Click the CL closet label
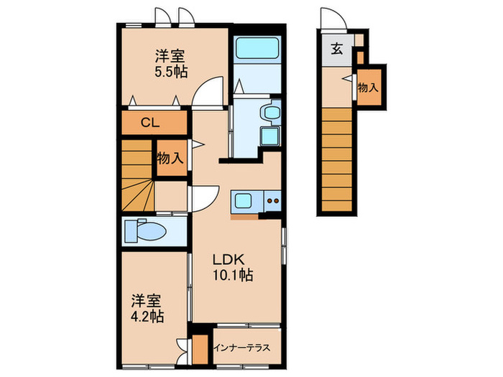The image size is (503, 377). click(149, 122)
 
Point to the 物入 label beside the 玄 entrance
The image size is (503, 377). click(368, 87)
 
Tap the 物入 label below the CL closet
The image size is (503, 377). click(170, 159)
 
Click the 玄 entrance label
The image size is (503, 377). click(336, 50)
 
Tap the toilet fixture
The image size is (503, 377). click(145, 231)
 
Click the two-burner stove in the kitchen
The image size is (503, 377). click(272, 202)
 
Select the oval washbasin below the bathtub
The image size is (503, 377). click(272, 112)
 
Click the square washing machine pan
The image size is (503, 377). click(270, 137)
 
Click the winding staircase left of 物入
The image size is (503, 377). click(137, 176)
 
